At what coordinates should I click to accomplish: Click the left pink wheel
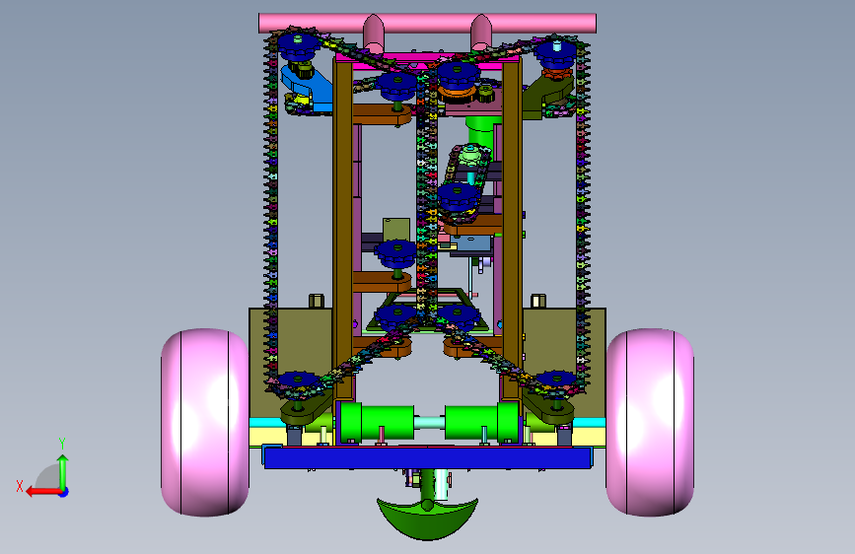205,422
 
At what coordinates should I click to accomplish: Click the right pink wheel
650,422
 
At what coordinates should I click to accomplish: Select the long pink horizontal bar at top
427,23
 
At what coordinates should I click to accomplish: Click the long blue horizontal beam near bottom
428,457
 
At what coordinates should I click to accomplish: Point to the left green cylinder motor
377,422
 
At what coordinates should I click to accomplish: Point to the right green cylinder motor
481,422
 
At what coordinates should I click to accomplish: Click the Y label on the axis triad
62,444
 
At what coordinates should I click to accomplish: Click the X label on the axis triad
20,486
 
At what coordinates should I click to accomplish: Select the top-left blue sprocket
298,48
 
